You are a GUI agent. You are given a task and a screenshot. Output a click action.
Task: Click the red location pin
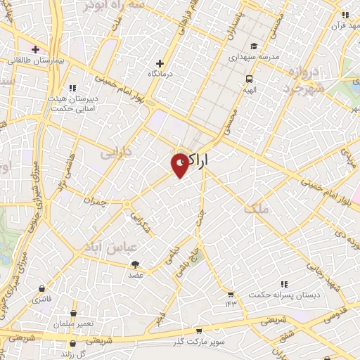[180, 164]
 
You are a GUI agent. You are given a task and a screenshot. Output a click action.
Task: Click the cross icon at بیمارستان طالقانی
[34, 49]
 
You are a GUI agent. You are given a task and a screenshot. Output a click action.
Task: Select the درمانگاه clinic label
[160, 73]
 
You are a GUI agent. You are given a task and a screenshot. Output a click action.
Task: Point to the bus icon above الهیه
[249, 79]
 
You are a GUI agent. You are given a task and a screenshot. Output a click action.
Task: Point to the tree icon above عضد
[135, 264]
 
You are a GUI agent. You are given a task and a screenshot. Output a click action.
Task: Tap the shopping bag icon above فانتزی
[42, 289]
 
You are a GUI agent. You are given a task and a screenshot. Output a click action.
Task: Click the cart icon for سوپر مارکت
[199, 330]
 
